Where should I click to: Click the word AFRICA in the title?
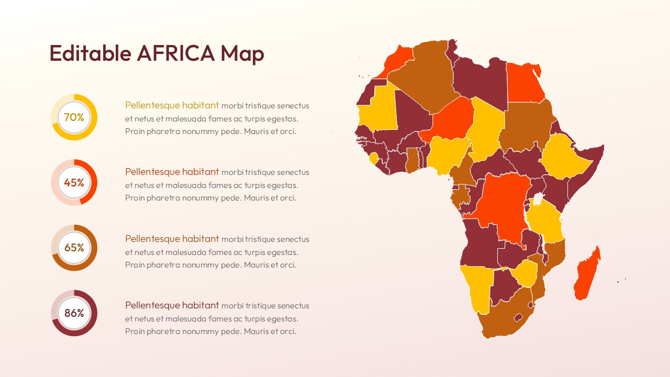pos(176,53)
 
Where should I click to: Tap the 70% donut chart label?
pos(74,117)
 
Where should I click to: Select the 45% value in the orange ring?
pos(74,183)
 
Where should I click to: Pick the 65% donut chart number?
pos(74,248)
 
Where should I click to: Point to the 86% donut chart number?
pos(74,313)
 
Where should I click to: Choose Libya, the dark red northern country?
pos(479,81)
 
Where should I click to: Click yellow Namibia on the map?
pos(476,288)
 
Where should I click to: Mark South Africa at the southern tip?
pos(502,317)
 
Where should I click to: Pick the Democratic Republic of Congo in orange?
pos(500,204)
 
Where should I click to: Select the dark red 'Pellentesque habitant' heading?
pos(172,305)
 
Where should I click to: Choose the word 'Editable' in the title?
pos(90,53)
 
